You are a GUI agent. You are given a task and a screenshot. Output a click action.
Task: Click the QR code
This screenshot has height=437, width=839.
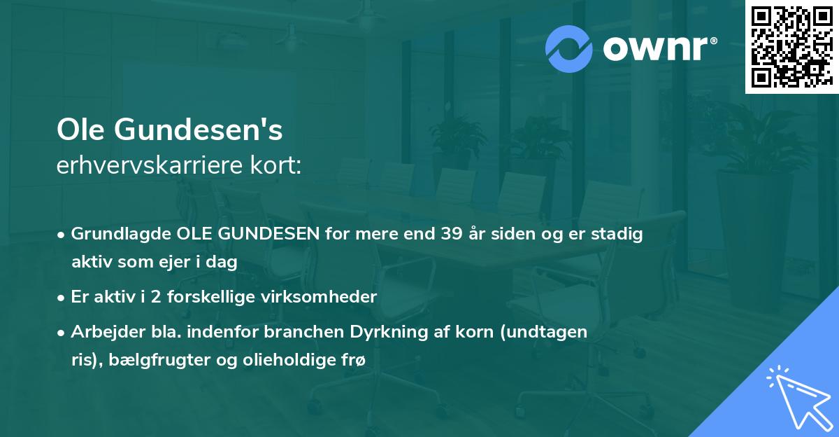point(791,47)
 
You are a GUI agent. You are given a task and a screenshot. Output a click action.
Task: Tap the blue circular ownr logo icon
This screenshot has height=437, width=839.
point(569,49)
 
